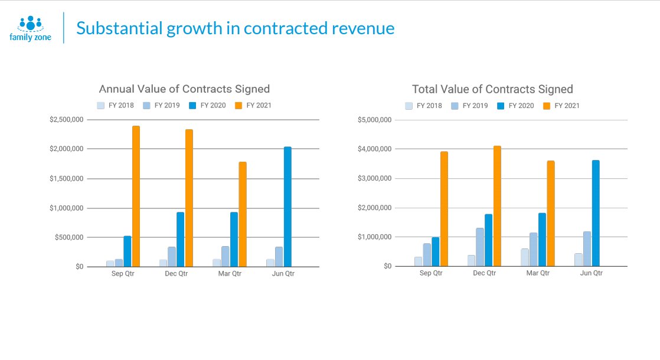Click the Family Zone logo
pos(30,28)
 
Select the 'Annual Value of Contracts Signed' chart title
pos(184,89)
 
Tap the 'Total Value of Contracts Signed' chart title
pos(492,89)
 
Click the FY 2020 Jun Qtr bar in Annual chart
pos(287,207)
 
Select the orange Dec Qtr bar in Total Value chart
pos(497,206)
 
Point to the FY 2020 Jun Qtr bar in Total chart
pos(596,213)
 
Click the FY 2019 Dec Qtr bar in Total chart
pos(479,247)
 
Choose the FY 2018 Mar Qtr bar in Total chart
pos(525,257)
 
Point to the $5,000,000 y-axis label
pos(375,120)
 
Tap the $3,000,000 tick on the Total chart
pos(375,178)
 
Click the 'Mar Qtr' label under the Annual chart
pos(229,274)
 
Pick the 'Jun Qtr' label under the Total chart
pos(591,273)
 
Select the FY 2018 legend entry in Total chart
pos(423,106)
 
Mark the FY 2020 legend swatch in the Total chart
pos(501,106)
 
